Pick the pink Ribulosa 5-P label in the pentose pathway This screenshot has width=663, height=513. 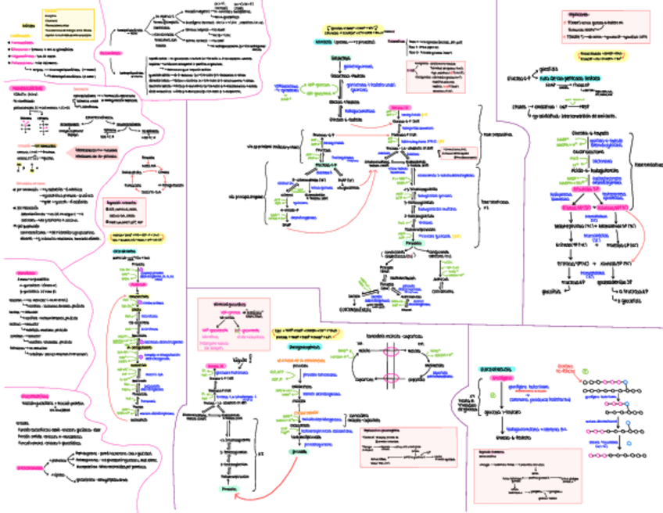pos(585,188)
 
